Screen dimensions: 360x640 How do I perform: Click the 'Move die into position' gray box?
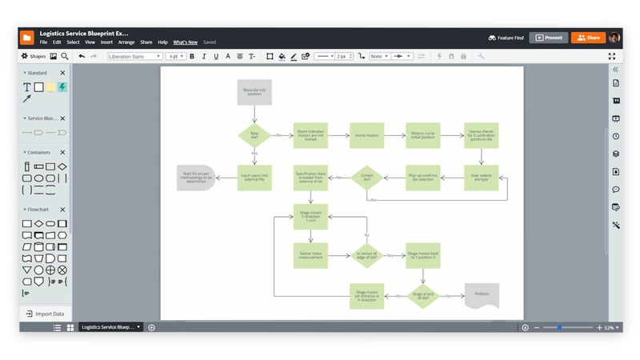pos(254,92)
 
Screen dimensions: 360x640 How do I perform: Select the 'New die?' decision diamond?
pos(254,135)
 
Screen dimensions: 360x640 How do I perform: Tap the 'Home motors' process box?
pos(366,135)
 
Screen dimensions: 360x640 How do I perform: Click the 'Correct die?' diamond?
pos(366,177)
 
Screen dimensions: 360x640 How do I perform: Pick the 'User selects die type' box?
pos(481,177)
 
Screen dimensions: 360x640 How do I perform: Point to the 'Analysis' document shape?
pos(482,294)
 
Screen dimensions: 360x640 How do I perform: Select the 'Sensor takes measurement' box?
pos(310,255)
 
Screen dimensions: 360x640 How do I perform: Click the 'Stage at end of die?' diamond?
pos(423,296)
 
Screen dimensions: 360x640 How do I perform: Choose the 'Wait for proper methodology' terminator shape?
pos(197,177)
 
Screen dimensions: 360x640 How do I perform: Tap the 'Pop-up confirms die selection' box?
pos(423,177)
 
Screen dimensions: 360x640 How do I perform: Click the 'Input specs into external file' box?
pos(254,177)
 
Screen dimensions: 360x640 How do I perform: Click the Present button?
pos(549,38)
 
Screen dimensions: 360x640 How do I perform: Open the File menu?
pos(44,42)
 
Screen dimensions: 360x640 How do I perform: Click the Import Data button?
pos(46,314)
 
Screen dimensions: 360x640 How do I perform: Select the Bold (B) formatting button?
pos(192,57)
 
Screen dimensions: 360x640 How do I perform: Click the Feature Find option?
pos(506,38)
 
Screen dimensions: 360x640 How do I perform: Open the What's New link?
pos(185,42)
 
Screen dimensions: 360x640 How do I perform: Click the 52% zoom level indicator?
pos(610,328)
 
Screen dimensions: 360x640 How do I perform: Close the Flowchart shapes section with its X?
pos(63,210)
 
